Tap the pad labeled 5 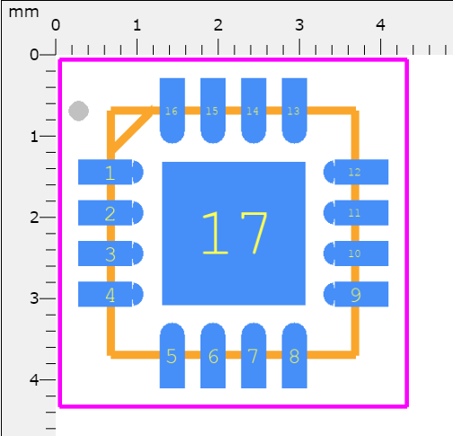click(172, 356)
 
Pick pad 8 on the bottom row click(294, 356)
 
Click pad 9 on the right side click(356, 294)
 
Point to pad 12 click(356, 172)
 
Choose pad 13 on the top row click(294, 111)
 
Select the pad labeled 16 click(172, 111)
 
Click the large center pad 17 click(234, 234)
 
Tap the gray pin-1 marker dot click(79, 111)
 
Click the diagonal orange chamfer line click(130, 130)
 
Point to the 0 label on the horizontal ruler click(56, 24)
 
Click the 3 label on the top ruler click(299, 24)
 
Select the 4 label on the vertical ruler click(35, 379)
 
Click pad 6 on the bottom click(213, 356)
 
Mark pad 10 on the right click(356, 254)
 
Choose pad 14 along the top click(253, 111)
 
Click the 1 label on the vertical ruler click(35, 136)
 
